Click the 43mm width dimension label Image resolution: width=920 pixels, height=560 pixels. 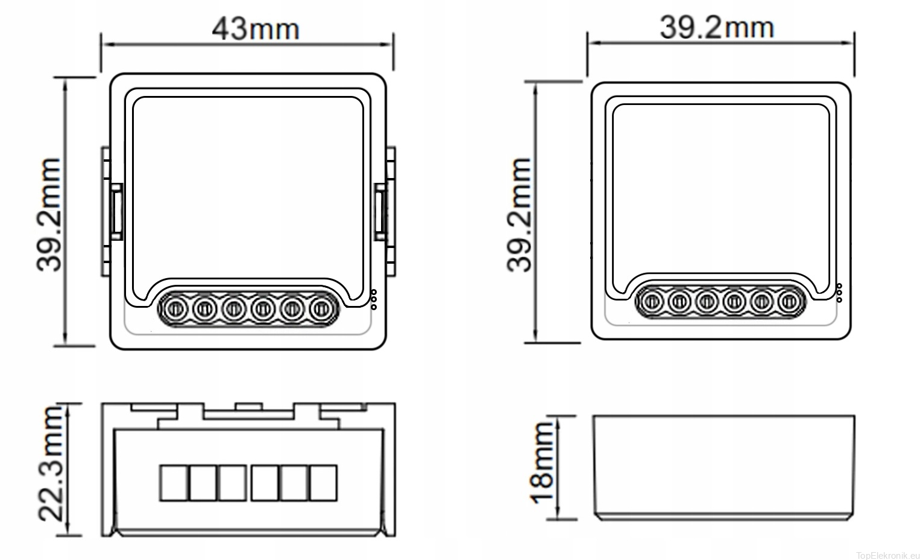coord(256,29)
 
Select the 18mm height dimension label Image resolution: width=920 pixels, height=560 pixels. coord(542,463)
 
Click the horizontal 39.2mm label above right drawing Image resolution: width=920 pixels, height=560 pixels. coord(717,28)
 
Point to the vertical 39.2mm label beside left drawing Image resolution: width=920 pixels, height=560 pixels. coord(49,215)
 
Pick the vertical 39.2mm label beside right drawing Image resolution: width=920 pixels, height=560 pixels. coord(519,215)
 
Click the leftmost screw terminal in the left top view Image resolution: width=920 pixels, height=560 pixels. coord(175,308)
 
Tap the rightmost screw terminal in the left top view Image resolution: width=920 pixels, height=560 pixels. coord(321,308)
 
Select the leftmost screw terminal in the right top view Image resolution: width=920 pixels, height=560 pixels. coord(652,302)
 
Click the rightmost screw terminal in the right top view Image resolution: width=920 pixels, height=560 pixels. coord(789,302)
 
